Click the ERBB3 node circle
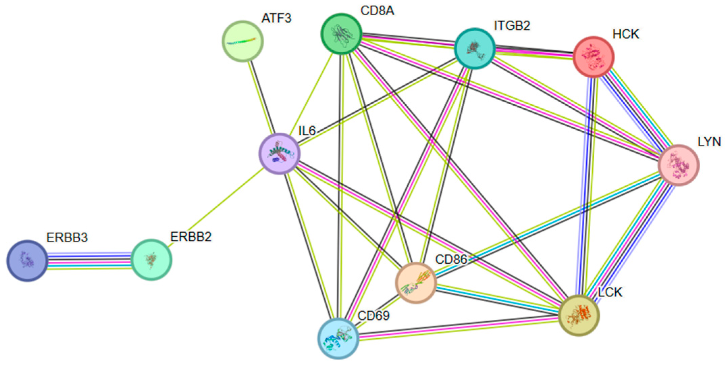coord(27,261)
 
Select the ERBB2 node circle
coord(151,260)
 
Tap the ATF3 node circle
coord(242,41)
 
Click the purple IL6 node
coord(279,154)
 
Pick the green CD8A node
coord(341,34)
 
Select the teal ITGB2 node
coord(475,49)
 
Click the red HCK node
coord(593,57)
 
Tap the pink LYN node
coord(678,165)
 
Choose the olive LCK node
coord(579,315)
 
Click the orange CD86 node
coord(416,283)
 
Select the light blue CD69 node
coord(338,338)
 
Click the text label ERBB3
coord(67,238)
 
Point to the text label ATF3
coord(276,18)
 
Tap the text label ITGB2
coord(512,26)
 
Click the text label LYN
coord(709,142)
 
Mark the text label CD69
coord(373,316)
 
